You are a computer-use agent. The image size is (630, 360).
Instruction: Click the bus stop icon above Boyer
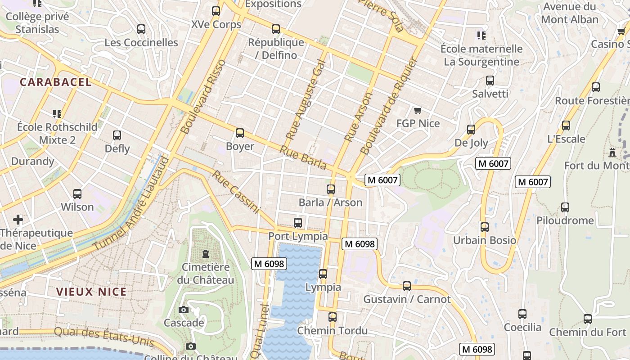click(x=240, y=133)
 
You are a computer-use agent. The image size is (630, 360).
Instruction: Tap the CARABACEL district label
click(x=56, y=82)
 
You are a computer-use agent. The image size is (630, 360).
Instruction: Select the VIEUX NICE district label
click(x=91, y=292)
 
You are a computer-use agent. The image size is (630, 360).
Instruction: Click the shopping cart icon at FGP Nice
click(x=418, y=110)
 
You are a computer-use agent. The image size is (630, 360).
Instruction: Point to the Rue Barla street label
click(x=303, y=158)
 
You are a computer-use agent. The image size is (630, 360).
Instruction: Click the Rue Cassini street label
click(x=236, y=192)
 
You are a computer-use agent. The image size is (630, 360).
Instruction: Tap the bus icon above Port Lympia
click(x=297, y=222)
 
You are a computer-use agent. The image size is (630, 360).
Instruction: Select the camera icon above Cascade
click(x=183, y=310)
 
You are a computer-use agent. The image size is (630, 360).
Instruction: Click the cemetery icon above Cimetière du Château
click(x=206, y=254)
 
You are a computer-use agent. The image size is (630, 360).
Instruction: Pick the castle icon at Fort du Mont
click(x=612, y=152)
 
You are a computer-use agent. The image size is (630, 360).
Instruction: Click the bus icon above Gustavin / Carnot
click(x=406, y=286)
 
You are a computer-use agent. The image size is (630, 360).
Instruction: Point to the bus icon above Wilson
click(x=77, y=194)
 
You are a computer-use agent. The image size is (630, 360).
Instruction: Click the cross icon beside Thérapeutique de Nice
click(x=18, y=220)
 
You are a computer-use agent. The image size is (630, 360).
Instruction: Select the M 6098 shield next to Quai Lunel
click(x=269, y=264)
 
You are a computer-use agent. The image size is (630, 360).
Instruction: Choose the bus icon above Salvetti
click(x=490, y=81)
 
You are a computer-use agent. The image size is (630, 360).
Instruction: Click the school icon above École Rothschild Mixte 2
click(x=57, y=113)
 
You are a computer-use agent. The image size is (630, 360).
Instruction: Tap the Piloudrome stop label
click(x=565, y=220)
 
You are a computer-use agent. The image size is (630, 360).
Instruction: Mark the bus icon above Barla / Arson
click(x=331, y=189)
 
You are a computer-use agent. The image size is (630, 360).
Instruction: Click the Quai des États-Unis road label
click(x=104, y=337)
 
